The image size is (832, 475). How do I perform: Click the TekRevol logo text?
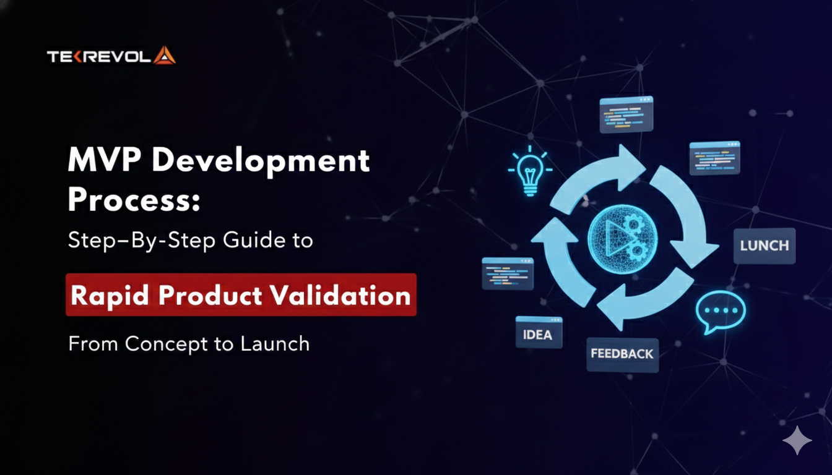(x=99, y=56)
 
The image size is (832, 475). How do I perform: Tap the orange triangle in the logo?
(x=164, y=56)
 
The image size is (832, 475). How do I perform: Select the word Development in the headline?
(x=266, y=161)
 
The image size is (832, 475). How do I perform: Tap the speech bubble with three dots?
(x=721, y=312)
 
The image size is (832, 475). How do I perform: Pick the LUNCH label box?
(x=765, y=246)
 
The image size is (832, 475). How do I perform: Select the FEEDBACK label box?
(x=622, y=354)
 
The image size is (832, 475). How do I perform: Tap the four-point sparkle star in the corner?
(x=797, y=440)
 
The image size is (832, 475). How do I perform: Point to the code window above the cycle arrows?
(x=626, y=114)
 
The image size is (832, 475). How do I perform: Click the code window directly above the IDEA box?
(x=508, y=273)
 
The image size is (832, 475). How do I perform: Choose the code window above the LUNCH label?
(x=715, y=158)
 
